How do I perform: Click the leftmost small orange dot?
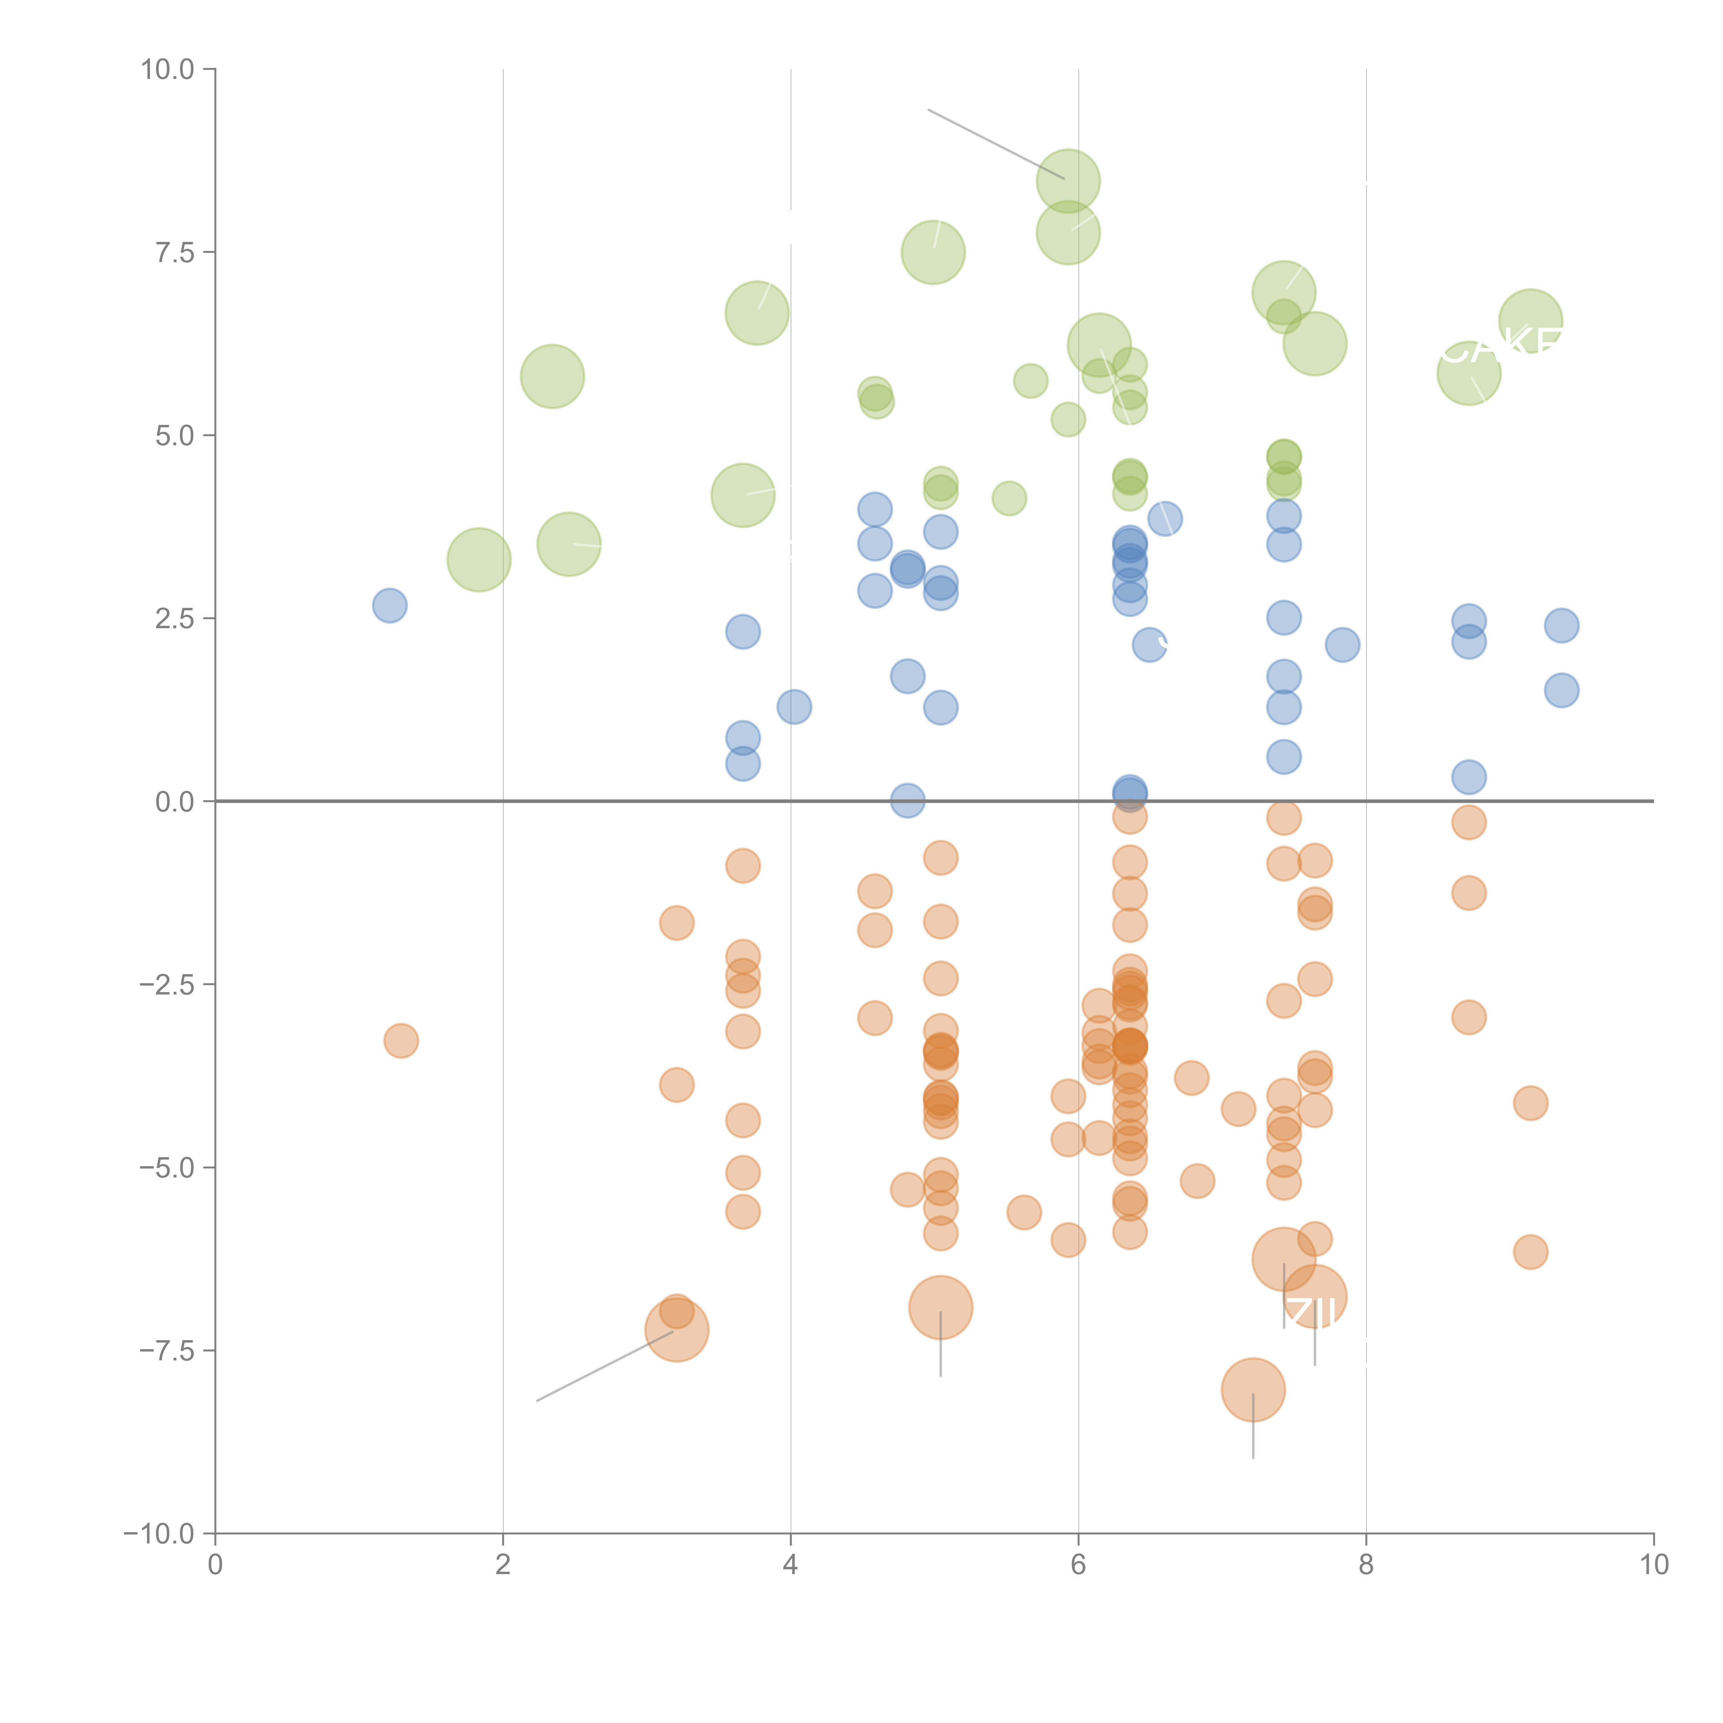[x=401, y=1041]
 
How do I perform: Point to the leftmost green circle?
[x=479, y=560]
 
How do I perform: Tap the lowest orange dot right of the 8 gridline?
[x=1530, y=1252]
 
